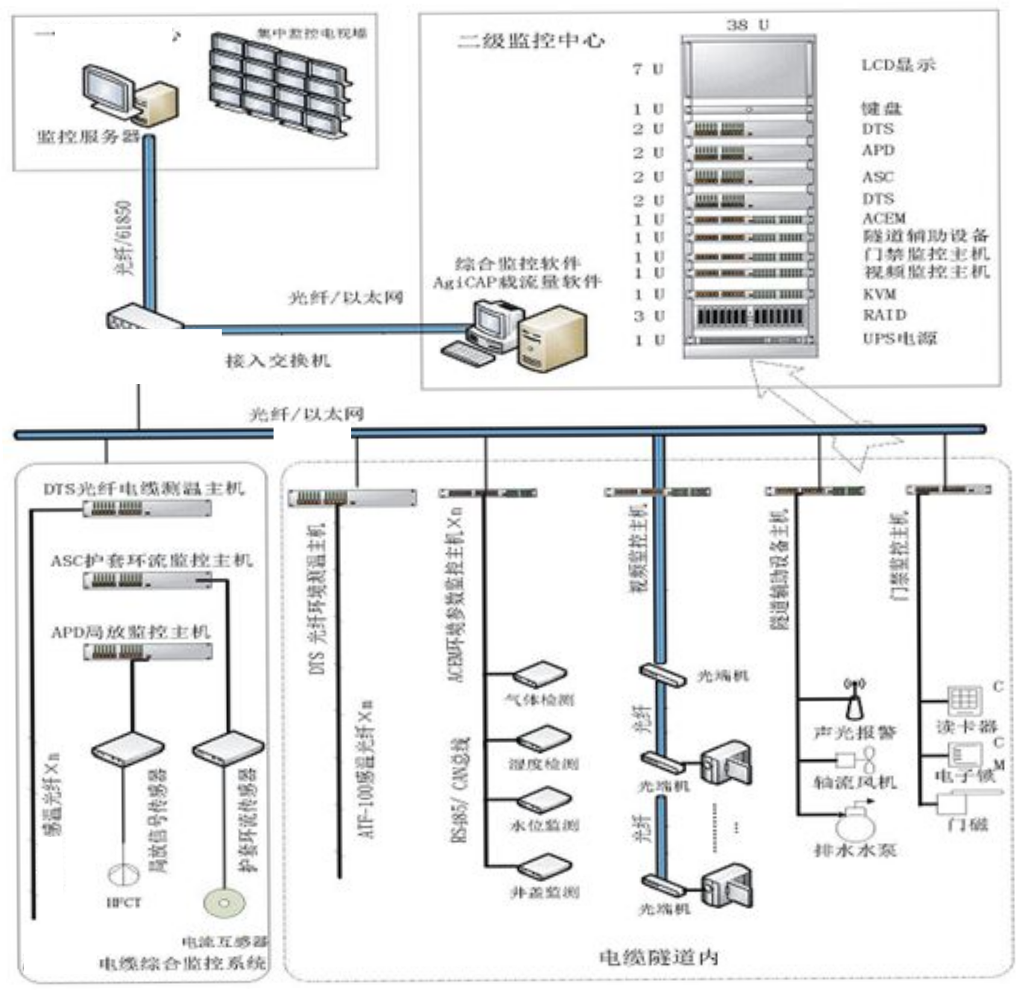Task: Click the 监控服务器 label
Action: click(89, 137)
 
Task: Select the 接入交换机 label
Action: click(278, 361)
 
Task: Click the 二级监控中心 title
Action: click(531, 41)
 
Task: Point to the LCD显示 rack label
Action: click(898, 65)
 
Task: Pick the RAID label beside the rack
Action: click(884, 314)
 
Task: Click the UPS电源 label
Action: click(900, 338)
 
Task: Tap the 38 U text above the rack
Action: click(747, 25)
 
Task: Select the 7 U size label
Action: click(648, 69)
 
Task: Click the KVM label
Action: click(880, 294)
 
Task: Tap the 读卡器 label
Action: click(966, 727)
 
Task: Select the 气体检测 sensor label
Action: click(539, 700)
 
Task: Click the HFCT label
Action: click(124, 903)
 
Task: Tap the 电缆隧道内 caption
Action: click(659, 957)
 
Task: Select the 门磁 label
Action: click(968, 823)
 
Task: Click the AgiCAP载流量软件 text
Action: click(517, 282)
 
